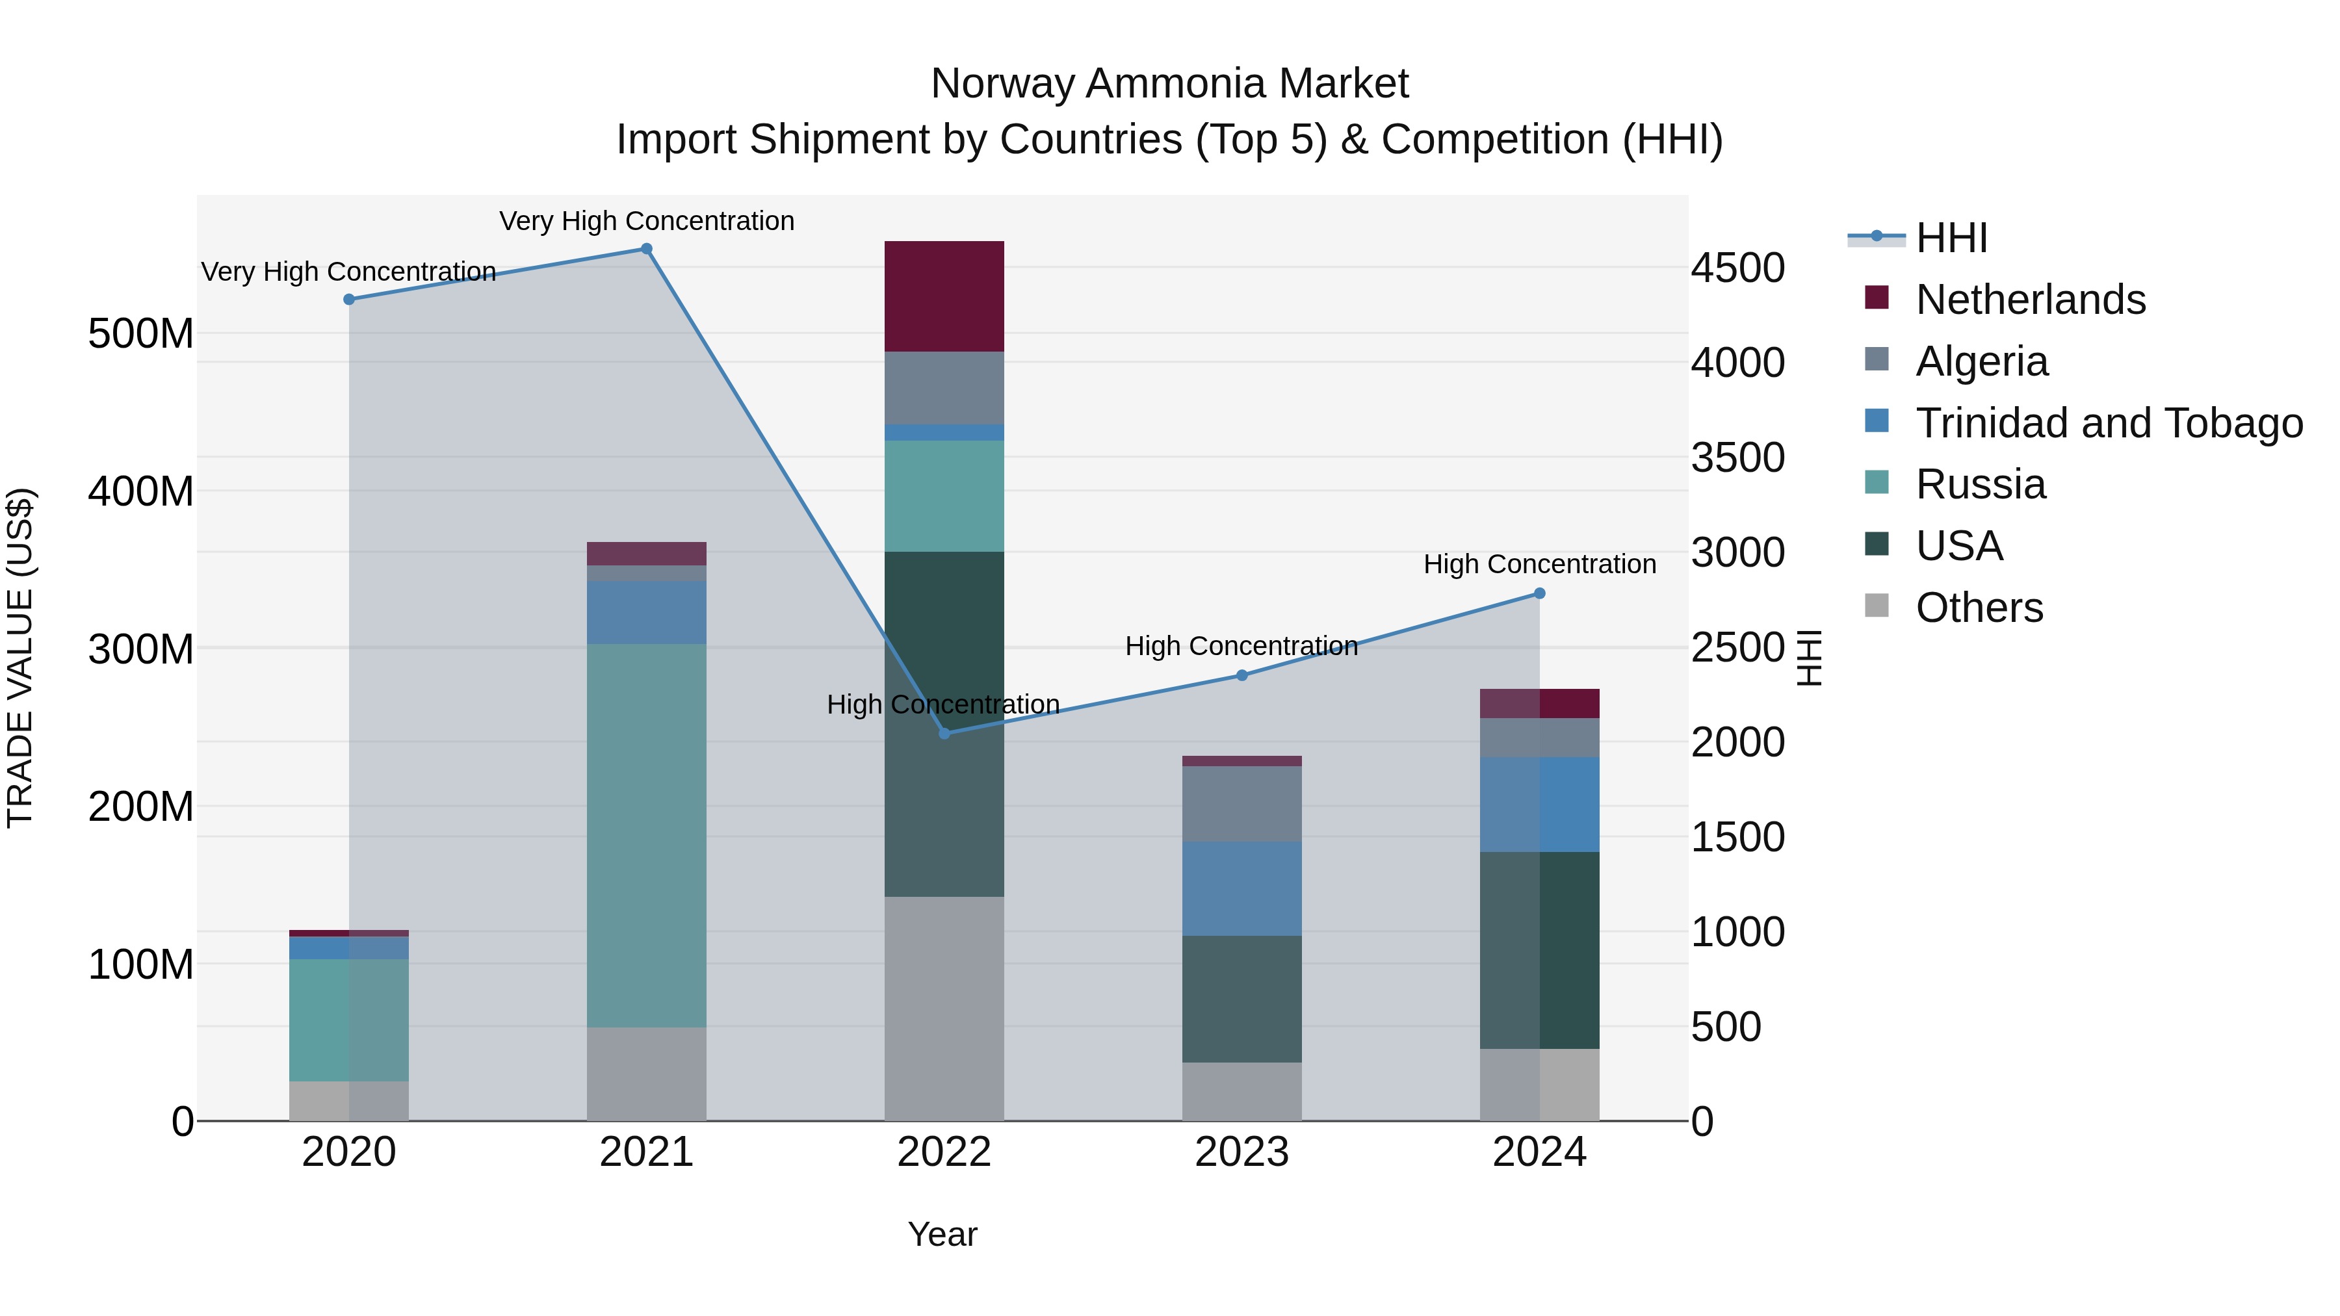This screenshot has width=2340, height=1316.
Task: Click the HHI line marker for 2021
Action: [647, 249]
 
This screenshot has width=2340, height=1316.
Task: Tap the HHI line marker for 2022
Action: [944, 733]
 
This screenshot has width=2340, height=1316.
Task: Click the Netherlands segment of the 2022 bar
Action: [944, 296]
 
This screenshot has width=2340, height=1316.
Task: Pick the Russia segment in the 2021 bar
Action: [647, 836]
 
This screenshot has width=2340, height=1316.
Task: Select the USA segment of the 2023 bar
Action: [1241, 999]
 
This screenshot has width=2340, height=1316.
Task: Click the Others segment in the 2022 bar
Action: [944, 1008]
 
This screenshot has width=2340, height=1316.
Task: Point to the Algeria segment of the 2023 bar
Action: [1241, 804]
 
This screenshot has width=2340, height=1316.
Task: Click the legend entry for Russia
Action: [1981, 484]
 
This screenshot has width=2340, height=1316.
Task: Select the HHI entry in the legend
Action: [1951, 238]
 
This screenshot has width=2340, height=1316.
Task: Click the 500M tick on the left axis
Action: [141, 334]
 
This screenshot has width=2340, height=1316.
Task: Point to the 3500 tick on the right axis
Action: [1737, 458]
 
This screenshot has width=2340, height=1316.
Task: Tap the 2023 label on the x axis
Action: [1241, 1152]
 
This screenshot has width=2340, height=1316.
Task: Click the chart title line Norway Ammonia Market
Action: [1169, 84]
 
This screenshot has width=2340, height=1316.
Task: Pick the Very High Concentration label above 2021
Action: [647, 221]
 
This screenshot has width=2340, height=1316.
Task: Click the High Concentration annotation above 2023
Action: [1241, 646]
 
